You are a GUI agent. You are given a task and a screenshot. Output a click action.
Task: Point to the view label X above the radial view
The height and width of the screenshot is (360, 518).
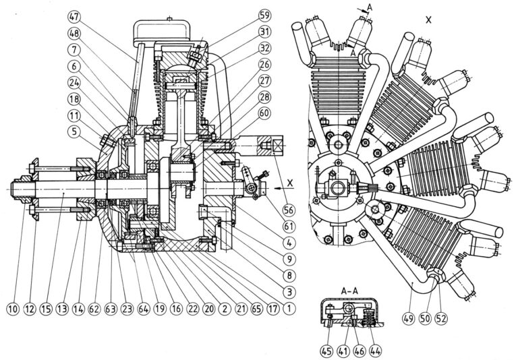point(429,20)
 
